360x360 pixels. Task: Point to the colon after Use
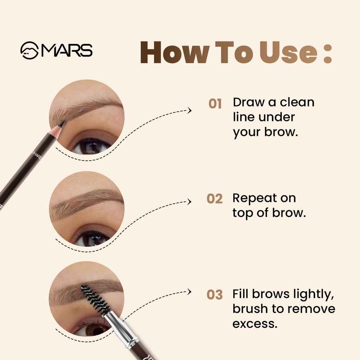tap(327, 54)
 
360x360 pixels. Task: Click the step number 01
tap(215, 103)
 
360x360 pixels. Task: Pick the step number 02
tap(214, 199)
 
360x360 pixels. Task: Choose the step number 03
tap(214, 295)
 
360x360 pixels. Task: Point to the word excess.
tap(254, 324)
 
